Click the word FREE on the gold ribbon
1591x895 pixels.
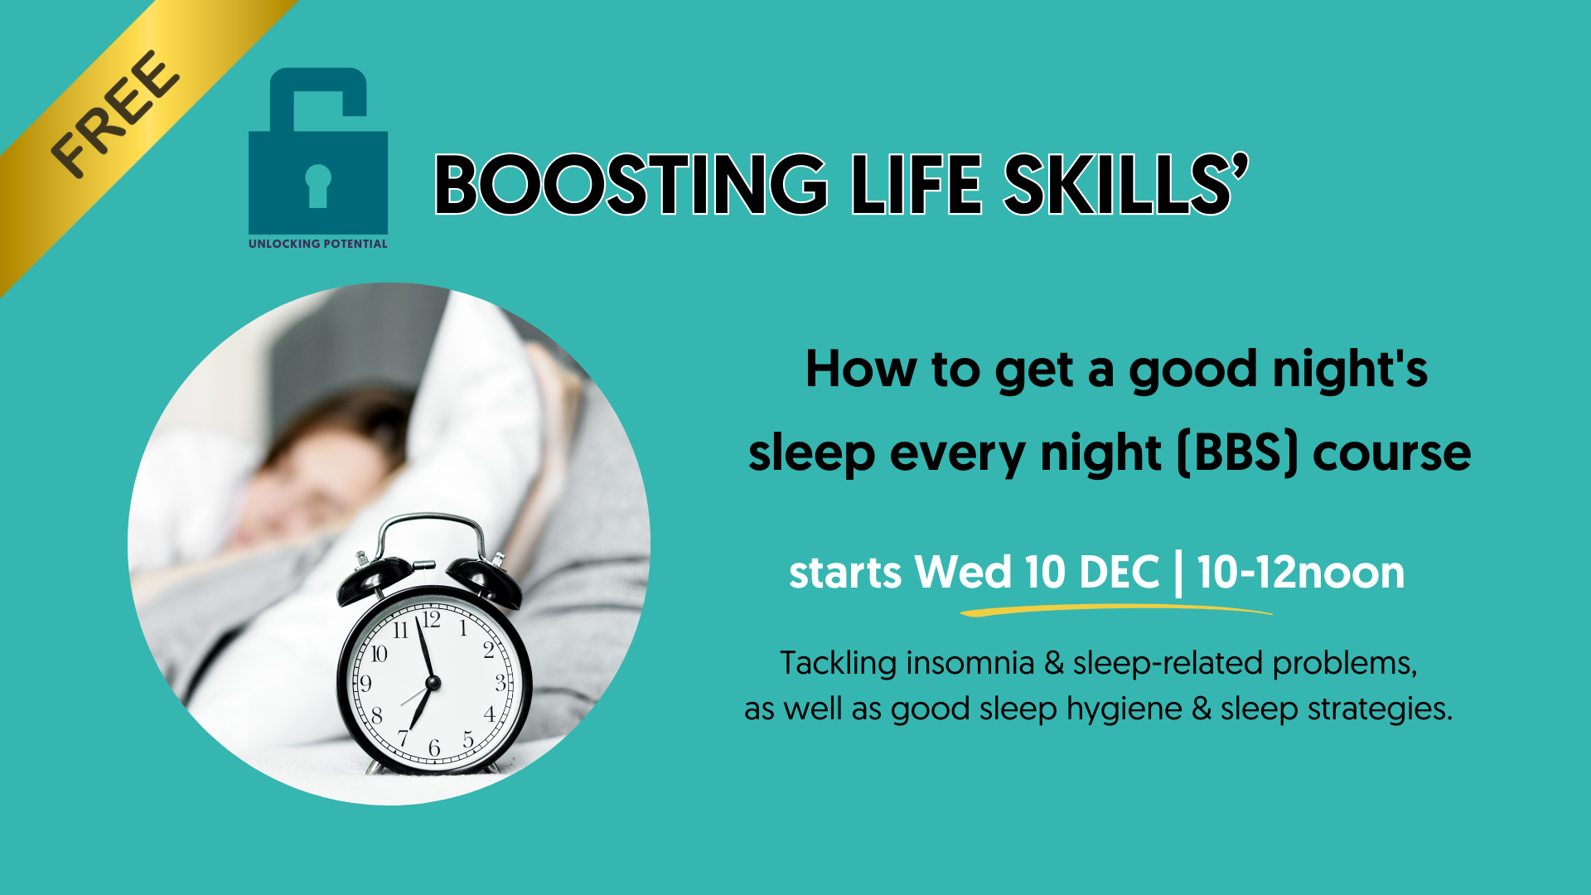click(114, 114)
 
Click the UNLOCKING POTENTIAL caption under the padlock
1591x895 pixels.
click(318, 244)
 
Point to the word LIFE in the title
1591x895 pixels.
click(916, 184)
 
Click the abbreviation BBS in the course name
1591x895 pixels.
click(1238, 452)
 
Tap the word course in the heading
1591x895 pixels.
click(1392, 454)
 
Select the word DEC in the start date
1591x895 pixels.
click(1120, 573)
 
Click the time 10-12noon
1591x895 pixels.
click(1301, 573)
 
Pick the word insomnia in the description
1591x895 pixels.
click(970, 663)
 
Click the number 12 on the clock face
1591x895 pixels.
click(431, 620)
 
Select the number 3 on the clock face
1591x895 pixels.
click(501, 683)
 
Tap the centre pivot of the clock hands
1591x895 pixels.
click(433, 683)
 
